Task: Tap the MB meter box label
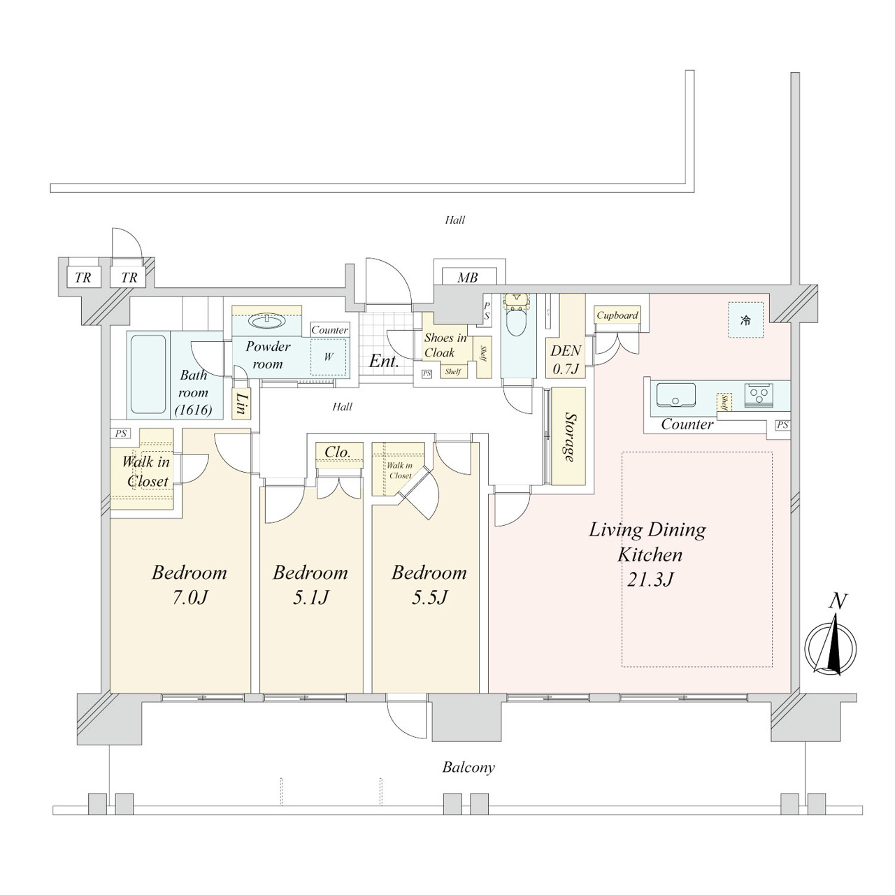pyautogui.click(x=467, y=278)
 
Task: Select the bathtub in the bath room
pyautogui.click(x=148, y=374)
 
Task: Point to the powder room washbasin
pyautogui.click(x=267, y=321)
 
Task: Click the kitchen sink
pyautogui.click(x=675, y=395)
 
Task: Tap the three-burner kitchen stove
pyautogui.click(x=759, y=395)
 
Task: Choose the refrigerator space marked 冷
pyautogui.click(x=745, y=320)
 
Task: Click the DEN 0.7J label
pyautogui.click(x=565, y=359)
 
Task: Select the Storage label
pyautogui.click(x=569, y=436)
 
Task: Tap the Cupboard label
pyautogui.click(x=617, y=315)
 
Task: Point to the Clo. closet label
pyautogui.click(x=338, y=452)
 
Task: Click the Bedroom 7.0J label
pyautogui.click(x=189, y=585)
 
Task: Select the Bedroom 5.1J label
pyautogui.click(x=310, y=585)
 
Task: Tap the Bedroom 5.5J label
pyautogui.click(x=429, y=585)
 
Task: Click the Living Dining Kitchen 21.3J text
pyautogui.click(x=648, y=554)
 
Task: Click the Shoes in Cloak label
pyautogui.click(x=445, y=345)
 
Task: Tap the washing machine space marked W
pyautogui.click(x=329, y=357)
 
